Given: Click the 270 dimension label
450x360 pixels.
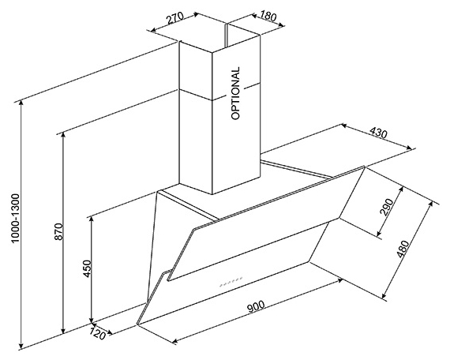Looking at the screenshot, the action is tap(174, 18).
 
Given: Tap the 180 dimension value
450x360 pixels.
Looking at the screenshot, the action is tap(268, 16).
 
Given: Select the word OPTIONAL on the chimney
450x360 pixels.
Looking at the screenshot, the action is tap(235, 93).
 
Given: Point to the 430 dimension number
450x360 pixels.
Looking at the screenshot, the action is tap(378, 133).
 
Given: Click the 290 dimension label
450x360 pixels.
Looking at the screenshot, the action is tap(386, 207).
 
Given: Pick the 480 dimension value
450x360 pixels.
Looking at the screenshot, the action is tap(402, 249).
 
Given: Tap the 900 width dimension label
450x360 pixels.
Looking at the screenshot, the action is tap(256, 307).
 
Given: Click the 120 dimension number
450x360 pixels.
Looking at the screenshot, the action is tap(97, 332).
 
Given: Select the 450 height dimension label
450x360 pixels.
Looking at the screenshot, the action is tap(87, 268).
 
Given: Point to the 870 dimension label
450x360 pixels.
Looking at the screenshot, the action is tap(58, 231).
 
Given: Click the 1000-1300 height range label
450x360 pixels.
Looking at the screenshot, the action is tap(16, 218).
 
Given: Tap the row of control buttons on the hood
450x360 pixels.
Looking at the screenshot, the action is tap(231, 281).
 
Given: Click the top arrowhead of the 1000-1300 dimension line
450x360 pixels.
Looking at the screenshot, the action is tap(21, 104).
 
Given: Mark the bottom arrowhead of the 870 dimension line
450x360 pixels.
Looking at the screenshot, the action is tap(63, 330).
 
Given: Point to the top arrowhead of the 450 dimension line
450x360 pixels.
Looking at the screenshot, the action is tap(92, 219).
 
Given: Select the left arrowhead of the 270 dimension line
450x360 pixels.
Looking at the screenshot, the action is tap(154, 29).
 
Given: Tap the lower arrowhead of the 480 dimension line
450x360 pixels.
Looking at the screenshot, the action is tap(384, 295).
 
